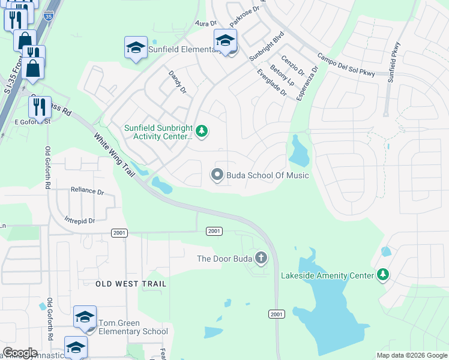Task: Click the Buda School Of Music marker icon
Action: click(217, 175)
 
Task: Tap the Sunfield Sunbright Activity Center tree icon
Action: click(202, 131)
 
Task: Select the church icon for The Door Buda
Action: click(261, 259)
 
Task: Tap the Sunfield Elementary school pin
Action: click(136, 48)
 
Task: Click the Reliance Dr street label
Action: click(87, 190)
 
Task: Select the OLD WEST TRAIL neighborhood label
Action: click(131, 283)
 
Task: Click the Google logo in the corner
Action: click(20, 353)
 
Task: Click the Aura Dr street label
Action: click(205, 23)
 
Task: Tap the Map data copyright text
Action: click(411, 355)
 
